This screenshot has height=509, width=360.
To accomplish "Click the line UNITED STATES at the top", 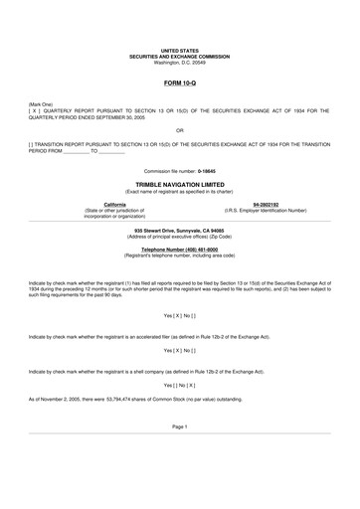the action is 180,50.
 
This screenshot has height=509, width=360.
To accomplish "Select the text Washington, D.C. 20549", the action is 180,63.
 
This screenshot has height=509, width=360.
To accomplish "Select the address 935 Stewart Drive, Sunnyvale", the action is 180,231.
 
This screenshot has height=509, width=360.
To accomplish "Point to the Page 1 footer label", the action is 180,452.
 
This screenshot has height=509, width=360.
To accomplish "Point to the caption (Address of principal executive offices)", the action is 180,238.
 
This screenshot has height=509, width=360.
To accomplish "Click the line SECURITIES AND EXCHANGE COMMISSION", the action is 180,57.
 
